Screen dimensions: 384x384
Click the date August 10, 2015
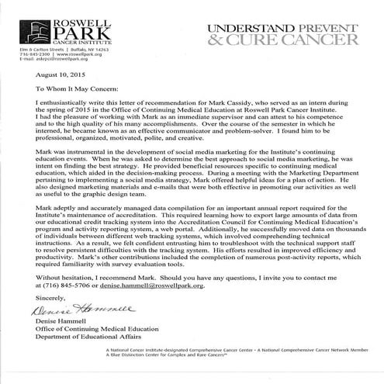pos(32,76)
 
